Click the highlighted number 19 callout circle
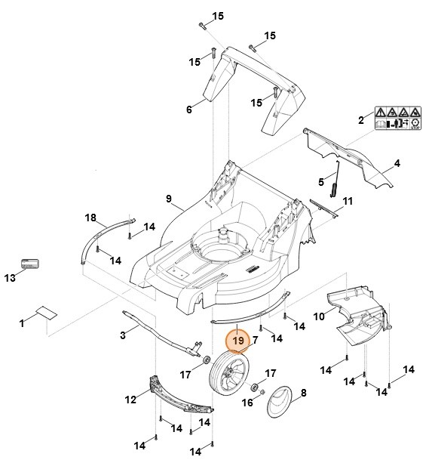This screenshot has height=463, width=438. coord(238,341)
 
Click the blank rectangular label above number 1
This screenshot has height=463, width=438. coord(44,312)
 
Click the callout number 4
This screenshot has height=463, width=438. coord(397,163)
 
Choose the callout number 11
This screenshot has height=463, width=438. coord(348,201)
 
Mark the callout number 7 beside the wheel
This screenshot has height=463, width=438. coord(255,341)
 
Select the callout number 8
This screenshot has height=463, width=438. coord(303,394)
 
